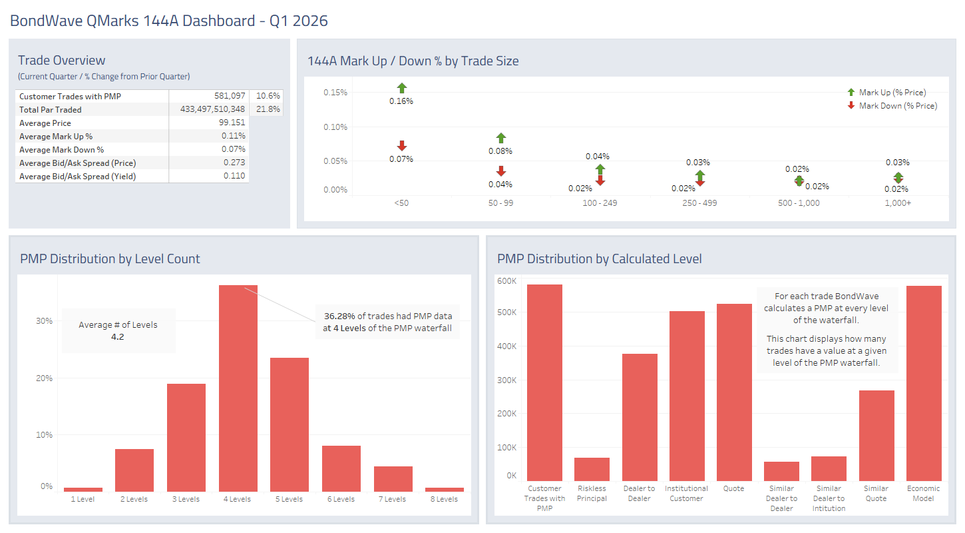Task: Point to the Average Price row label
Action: pos(45,123)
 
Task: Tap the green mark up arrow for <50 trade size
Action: pos(401,88)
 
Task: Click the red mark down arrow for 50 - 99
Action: pos(501,171)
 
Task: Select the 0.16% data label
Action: pos(401,101)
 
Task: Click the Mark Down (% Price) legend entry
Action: pos(897,106)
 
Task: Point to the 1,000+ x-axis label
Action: pos(898,203)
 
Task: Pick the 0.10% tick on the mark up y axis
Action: pos(335,127)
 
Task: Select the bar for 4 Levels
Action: pos(238,388)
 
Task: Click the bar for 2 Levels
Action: pos(134,470)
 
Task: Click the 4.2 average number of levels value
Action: pos(118,337)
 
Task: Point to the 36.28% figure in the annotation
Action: pos(339,316)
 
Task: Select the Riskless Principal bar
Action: pos(592,469)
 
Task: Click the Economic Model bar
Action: pos(924,383)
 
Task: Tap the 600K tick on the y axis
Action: pos(507,281)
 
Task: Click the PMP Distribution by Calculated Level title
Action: pos(599,259)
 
